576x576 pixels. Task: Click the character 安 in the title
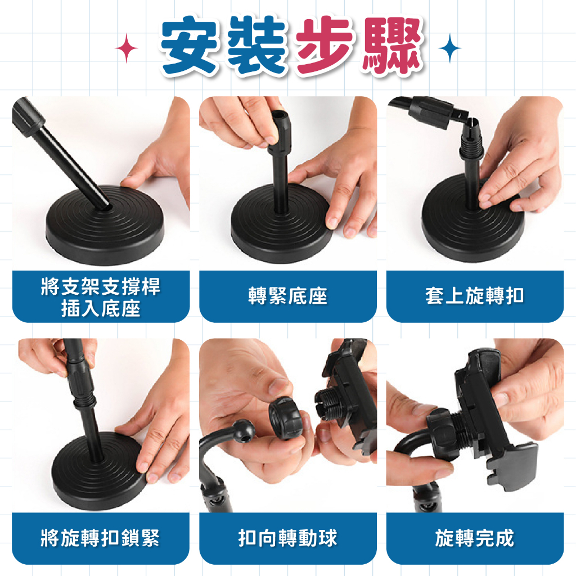(x=190, y=46)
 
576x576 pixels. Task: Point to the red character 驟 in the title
(x=391, y=46)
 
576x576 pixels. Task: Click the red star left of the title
(x=127, y=48)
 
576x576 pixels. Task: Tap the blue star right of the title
(x=449, y=48)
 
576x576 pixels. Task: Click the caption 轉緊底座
(x=287, y=296)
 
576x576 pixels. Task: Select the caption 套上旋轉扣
(x=475, y=296)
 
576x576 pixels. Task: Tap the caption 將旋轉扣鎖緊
(x=100, y=538)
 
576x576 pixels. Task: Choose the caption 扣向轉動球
(x=287, y=538)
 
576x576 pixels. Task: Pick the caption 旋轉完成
(x=475, y=538)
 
